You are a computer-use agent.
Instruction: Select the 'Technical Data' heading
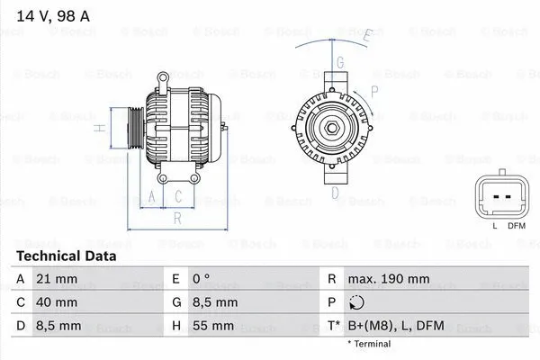pyautogui.click(x=67, y=256)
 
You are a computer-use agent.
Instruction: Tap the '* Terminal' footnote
pyautogui.click(x=369, y=344)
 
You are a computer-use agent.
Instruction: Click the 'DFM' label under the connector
pyautogui.click(x=516, y=225)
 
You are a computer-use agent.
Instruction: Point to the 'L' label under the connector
pyautogui.click(x=494, y=225)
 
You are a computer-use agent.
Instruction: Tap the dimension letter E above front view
pyautogui.click(x=366, y=36)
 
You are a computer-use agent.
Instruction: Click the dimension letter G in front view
pyautogui.click(x=340, y=63)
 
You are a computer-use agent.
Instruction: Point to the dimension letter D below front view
pyautogui.click(x=335, y=191)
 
